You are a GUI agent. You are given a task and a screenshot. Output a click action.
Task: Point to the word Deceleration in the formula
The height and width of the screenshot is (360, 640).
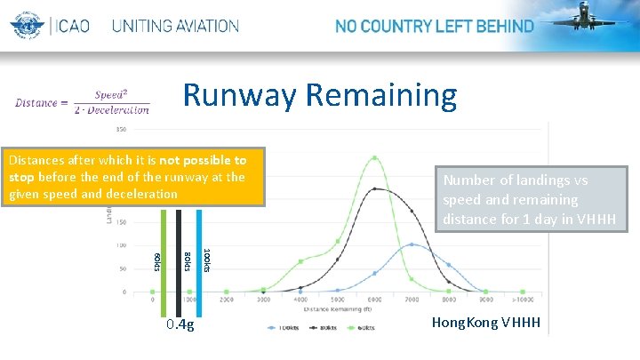pos(124,110)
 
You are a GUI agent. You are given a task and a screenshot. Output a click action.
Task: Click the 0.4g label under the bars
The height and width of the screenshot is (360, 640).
pos(180,324)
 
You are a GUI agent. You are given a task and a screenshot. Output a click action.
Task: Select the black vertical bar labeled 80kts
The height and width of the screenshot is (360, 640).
pos(179,258)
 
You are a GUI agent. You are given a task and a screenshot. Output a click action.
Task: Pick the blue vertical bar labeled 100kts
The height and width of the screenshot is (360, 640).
pos(200,258)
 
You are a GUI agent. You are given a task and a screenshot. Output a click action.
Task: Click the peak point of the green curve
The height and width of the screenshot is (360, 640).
pos(375,158)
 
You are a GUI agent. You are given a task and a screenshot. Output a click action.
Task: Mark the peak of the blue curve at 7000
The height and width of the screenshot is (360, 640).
pos(412,244)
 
